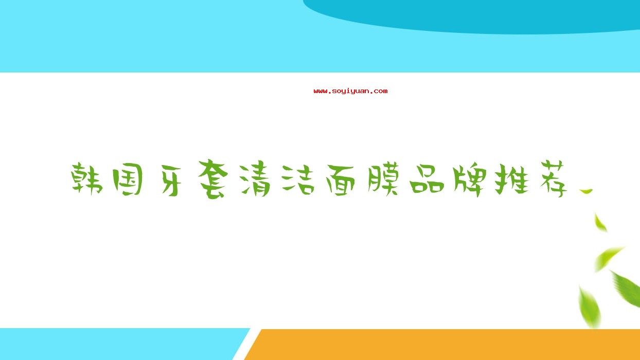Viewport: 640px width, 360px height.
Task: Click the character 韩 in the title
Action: point(86,179)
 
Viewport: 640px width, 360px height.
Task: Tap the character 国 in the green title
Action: point(128,179)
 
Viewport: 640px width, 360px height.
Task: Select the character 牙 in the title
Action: point(171,181)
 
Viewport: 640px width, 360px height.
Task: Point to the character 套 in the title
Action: point(213,179)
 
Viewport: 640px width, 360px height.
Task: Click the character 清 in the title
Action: point(255,180)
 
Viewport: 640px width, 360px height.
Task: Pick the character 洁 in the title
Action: point(298,179)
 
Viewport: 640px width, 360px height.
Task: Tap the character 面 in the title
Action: point(341,180)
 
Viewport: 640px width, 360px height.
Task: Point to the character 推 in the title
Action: point(512,179)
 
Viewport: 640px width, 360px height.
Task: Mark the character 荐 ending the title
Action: point(554,179)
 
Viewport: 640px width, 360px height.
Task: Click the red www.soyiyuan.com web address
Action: point(350,91)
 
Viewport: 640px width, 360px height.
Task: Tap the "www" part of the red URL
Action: point(321,92)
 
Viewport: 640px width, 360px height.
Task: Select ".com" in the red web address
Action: point(379,92)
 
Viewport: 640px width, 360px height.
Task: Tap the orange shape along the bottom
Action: point(446,345)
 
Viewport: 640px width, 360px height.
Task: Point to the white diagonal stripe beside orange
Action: point(246,344)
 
